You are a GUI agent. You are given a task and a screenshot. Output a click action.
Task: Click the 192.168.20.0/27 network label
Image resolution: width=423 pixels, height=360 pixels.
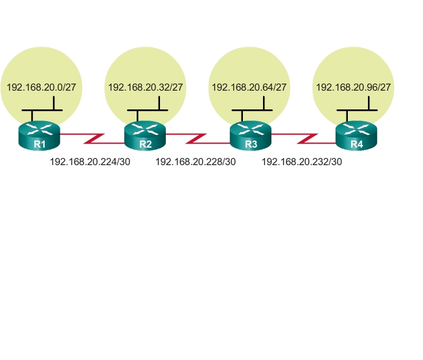coord(42,87)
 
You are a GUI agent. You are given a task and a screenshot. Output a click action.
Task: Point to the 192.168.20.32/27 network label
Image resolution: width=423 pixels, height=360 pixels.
coord(146,87)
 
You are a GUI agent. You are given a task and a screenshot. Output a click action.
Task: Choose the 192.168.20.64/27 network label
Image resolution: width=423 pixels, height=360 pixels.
coord(249,87)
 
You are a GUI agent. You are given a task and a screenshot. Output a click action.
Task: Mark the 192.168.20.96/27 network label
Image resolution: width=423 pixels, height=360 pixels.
coord(353,87)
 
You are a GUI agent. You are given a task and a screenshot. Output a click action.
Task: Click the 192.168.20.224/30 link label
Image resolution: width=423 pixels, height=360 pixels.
coord(90,162)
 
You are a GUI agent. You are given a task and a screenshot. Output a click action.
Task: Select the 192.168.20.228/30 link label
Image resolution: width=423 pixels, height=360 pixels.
coord(196,162)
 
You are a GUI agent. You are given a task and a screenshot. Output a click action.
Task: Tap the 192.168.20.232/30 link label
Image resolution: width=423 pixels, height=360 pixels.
coord(302,162)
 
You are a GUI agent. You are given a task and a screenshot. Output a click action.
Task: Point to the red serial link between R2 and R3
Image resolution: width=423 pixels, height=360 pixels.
coord(198,138)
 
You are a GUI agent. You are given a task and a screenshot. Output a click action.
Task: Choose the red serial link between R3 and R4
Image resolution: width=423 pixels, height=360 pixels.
coord(304,138)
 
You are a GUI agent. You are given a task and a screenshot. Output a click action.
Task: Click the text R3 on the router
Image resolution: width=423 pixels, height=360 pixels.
coord(251,144)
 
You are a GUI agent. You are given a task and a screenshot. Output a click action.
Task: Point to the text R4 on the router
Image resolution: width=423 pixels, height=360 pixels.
coord(356,144)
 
